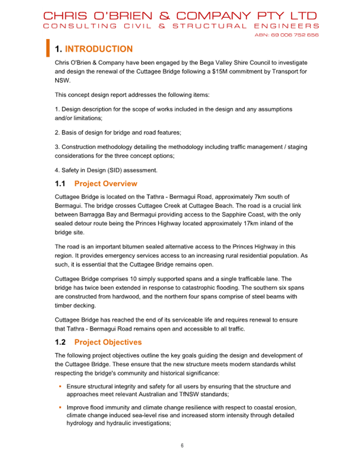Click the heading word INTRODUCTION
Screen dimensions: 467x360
pos(99,49)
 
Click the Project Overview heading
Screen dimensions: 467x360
pos(106,184)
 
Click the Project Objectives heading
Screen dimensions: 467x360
pos(108,342)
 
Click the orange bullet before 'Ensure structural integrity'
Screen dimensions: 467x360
pos(60,386)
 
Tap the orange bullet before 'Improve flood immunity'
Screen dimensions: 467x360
pos(60,408)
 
